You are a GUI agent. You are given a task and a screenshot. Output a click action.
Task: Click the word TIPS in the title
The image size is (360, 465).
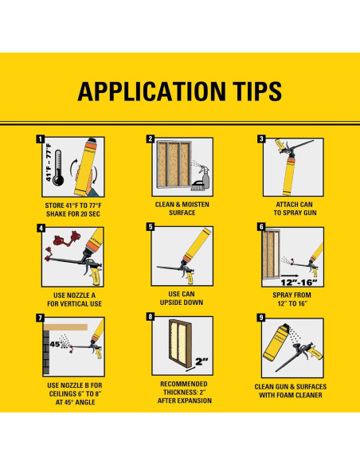point(253,91)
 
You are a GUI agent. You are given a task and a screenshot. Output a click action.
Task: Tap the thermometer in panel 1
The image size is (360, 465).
point(58,167)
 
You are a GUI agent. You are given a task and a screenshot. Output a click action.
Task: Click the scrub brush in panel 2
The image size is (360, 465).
point(197,186)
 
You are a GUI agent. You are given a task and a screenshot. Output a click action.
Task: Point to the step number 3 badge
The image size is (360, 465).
point(261,139)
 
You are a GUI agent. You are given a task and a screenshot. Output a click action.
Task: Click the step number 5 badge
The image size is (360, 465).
point(151,227)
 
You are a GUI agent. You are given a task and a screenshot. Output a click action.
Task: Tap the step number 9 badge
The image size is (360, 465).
point(261,318)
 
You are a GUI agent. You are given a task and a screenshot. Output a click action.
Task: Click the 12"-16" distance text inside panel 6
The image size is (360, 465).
point(299,283)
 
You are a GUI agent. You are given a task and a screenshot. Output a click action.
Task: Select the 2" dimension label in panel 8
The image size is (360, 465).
point(202,361)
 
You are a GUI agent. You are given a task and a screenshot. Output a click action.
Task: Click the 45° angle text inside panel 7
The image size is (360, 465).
point(55,345)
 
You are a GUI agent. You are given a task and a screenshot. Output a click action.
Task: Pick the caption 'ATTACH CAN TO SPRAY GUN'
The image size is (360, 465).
point(295,209)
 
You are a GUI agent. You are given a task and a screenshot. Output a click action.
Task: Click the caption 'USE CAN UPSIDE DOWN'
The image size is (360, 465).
point(182,299)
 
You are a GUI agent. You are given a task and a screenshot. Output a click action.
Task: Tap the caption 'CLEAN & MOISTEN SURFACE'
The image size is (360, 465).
point(182,209)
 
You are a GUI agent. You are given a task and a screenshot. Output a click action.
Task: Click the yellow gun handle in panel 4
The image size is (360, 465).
point(96,275)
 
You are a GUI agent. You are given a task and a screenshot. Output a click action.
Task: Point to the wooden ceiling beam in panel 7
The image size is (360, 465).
point(65,327)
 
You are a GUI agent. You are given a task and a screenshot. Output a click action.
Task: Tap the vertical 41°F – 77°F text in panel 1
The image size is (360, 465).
point(49,162)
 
